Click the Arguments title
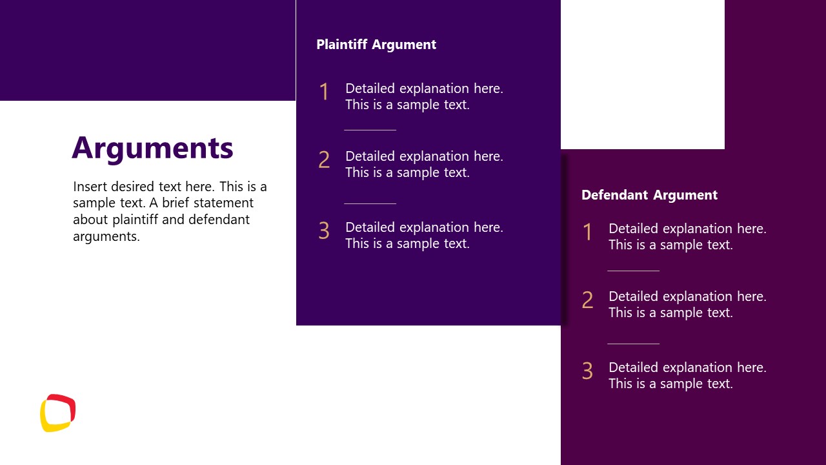(x=152, y=148)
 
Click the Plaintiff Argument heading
(x=376, y=45)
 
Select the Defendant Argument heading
(x=649, y=195)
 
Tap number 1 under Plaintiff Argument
(x=324, y=92)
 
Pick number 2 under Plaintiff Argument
(x=324, y=160)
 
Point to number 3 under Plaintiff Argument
(x=324, y=231)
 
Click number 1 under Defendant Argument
(x=587, y=232)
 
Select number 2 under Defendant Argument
(x=587, y=300)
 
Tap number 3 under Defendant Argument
(x=587, y=371)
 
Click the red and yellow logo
(x=58, y=413)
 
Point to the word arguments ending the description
(x=106, y=236)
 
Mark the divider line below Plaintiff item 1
(x=370, y=130)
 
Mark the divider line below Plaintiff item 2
(x=370, y=203)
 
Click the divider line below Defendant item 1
(x=633, y=271)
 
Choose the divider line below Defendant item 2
(x=633, y=344)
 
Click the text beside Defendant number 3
(x=687, y=375)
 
